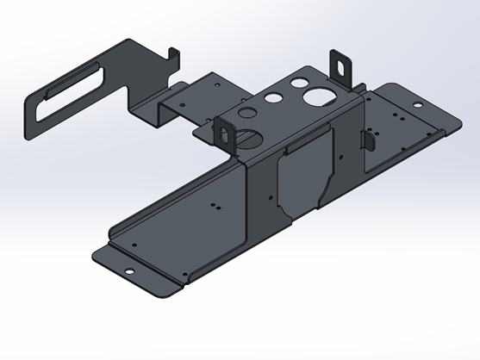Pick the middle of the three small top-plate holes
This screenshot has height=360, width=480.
click(x=273, y=98)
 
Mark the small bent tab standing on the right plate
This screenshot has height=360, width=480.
click(x=367, y=138)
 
